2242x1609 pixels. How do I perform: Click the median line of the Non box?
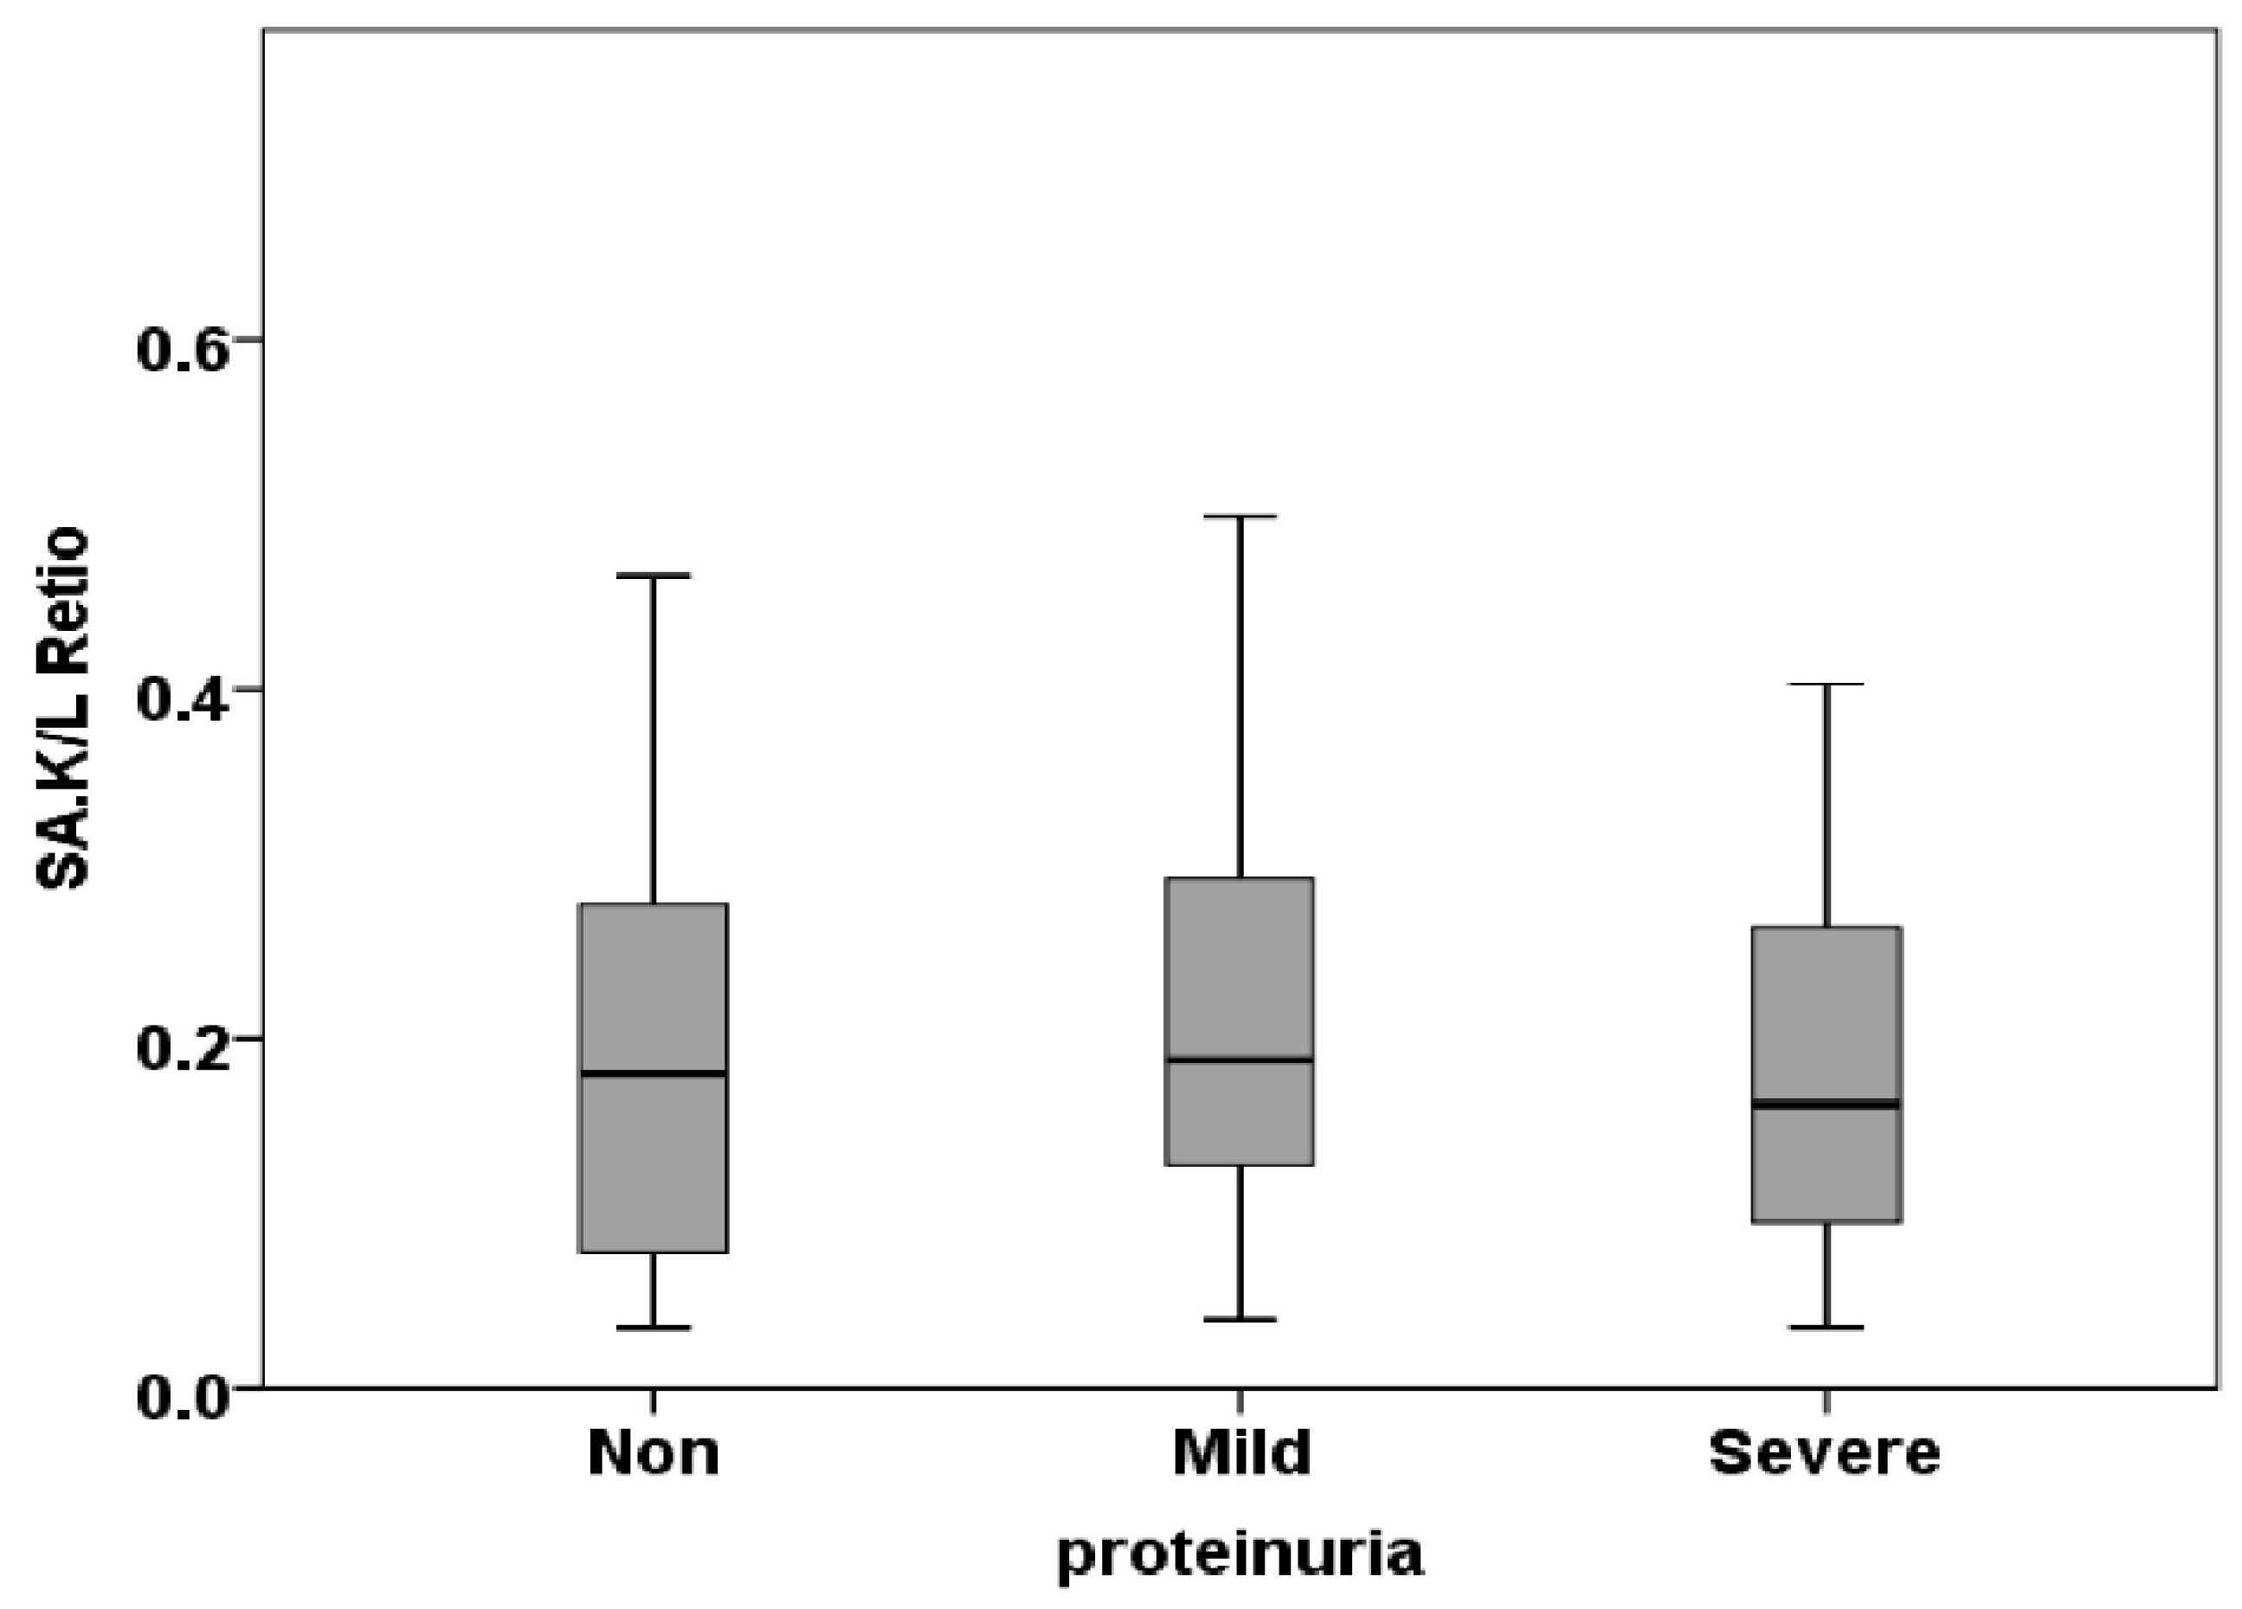coord(654,1073)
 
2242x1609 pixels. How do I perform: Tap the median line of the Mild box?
coord(1240,1059)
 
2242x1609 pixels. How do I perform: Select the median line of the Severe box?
coord(1826,1104)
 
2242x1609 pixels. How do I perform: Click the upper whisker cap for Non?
coord(654,574)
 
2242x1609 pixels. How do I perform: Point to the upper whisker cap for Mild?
coord(1240,516)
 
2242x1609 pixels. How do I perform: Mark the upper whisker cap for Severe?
coord(1826,684)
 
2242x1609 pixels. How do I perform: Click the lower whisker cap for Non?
coord(654,1328)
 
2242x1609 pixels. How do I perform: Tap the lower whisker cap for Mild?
coord(1240,1319)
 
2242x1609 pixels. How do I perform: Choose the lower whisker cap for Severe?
coord(1826,1328)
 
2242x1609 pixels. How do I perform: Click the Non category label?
coord(654,1453)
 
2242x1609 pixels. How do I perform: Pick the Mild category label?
coord(1241,1453)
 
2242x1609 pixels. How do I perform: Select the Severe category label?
coord(1825,1453)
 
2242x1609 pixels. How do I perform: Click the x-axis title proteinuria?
coord(1240,1555)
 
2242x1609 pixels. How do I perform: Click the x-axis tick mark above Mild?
coord(1240,1400)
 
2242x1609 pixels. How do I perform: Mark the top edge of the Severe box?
coord(1826,927)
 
